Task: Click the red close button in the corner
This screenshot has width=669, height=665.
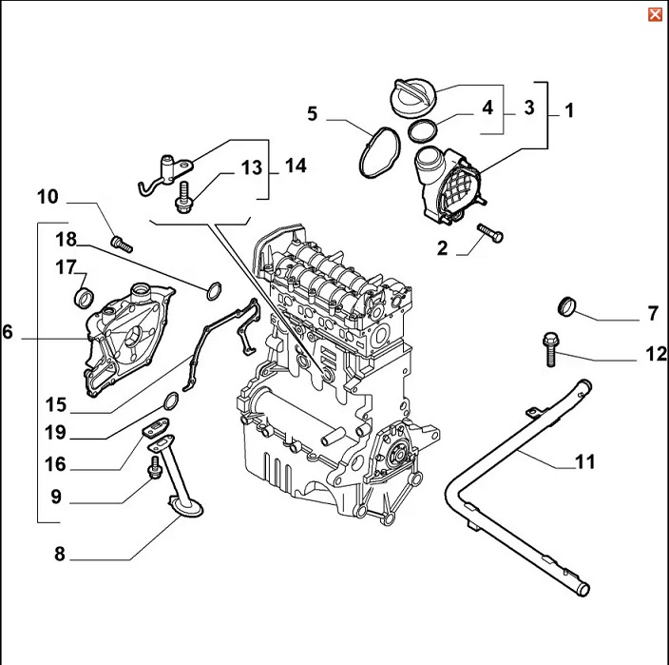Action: pos(655,13)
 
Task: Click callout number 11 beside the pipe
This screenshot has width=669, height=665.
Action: pos(584,462)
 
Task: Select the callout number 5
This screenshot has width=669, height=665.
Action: pos(312,115)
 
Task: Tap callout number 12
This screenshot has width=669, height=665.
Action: pos(657,354)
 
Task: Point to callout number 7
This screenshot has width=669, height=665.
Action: pos(653,312)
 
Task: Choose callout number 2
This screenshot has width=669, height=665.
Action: pos(442,250)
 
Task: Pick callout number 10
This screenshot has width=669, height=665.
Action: pos(48,198)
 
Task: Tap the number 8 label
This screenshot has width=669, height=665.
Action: pos(59,555)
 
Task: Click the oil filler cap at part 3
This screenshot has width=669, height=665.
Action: pos(416,96)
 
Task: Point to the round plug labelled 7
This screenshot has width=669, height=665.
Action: pos(567,305)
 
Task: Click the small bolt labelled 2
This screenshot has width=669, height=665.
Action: pos(489,231)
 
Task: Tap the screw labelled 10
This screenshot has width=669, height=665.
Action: pos(120,243)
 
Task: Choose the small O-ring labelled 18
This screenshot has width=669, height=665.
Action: pos(214,287)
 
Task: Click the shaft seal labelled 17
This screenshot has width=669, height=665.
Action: pos(85,298)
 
